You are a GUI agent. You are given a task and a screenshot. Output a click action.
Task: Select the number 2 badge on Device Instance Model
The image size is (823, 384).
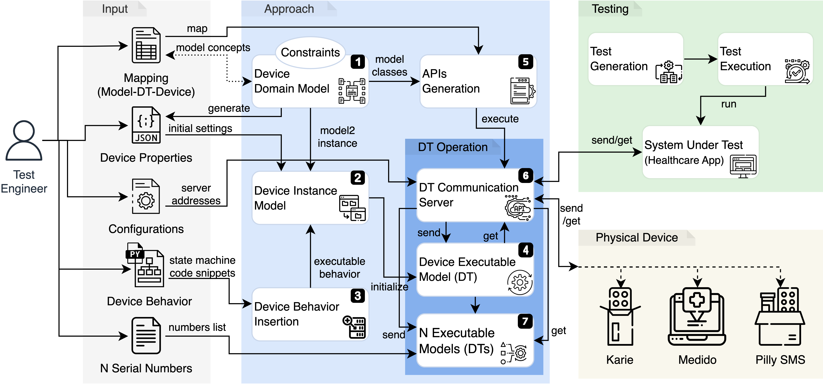click(x=358, y=178)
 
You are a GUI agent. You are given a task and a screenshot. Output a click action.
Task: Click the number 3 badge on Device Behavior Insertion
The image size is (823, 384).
click(x=358, y=296)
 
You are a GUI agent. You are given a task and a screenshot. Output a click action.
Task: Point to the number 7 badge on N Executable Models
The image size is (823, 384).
click(x=525, y=321)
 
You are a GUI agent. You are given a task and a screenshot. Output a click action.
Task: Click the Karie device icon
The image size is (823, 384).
click(x=620, y=317)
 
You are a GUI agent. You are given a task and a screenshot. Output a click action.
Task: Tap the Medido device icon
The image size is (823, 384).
click(x=697, y=317)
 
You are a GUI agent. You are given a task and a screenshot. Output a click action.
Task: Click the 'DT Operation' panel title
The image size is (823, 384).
click(x=453, y=147)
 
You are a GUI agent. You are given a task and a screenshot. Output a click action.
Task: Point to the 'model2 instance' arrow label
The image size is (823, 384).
click(x=337, y=137)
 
